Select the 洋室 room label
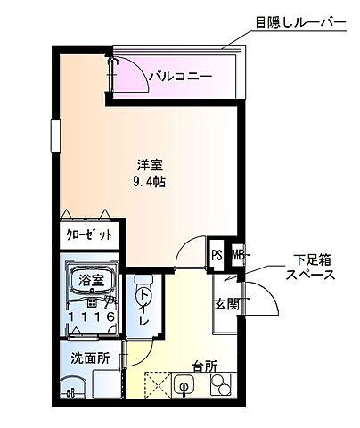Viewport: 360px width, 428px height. pos(149,165)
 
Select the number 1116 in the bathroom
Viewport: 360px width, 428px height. pos(90,317)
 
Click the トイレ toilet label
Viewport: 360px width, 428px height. pos(143,309)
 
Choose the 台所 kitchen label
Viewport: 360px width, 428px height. pos(205,365)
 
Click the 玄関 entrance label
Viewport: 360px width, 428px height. pos(225,303)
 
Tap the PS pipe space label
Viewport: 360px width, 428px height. pos(217,256)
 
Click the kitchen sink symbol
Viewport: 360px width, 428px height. pos(185,386)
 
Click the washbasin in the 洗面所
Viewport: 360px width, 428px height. pos(71,388)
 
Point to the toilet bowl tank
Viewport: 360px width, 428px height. pos(142,282)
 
